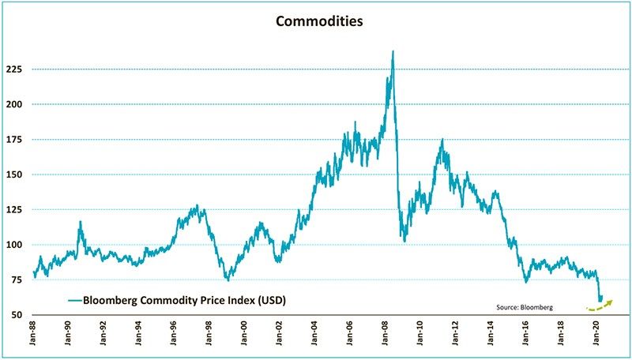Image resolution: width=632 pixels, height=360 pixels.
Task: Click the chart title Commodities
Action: coord(319,21)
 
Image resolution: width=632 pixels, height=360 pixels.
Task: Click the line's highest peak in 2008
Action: coord(393,52)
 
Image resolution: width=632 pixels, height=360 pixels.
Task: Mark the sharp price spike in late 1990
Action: coord(81,223)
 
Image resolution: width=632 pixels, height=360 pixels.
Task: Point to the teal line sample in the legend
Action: coord(76,300)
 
